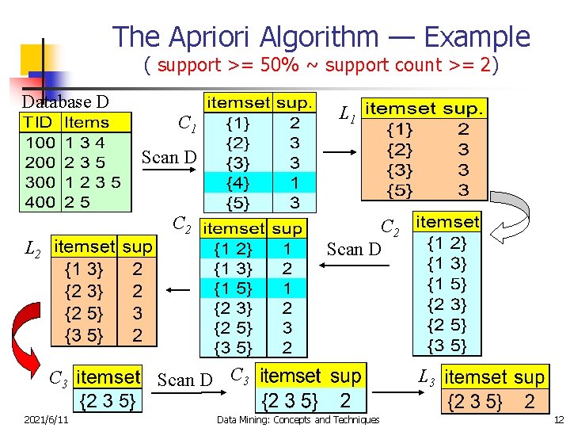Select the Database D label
pos(65,101)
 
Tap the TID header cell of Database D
pos(39,123)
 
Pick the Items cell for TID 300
pos(93,182)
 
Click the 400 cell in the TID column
pos(40,201)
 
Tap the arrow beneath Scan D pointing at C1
pos(169,170)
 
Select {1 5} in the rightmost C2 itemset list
pos(446,284)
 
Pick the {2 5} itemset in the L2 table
pos(84,313)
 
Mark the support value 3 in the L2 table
pos(138,313)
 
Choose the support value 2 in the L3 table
pos(529,401)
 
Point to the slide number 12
pos(558,419)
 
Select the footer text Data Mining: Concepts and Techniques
pos(298,419)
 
